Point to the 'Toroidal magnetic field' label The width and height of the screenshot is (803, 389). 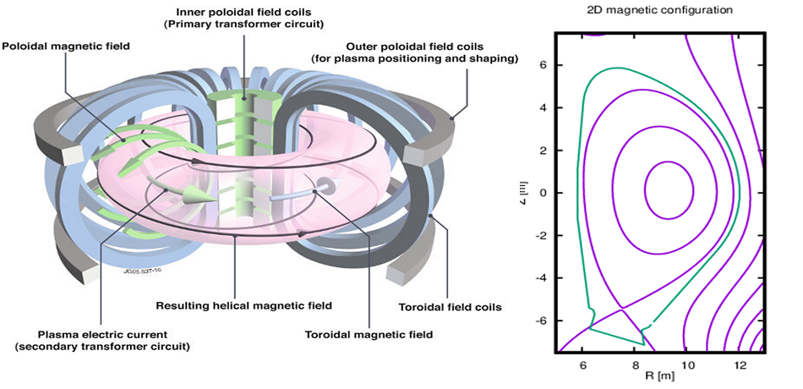(369, 335)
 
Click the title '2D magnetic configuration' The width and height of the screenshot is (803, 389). (660, 10)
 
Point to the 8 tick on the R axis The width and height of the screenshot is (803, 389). (635, 364)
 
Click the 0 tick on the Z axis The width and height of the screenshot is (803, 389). (544, 192)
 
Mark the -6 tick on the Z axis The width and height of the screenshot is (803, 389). (541, 321)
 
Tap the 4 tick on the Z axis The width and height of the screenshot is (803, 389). (544, 107)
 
